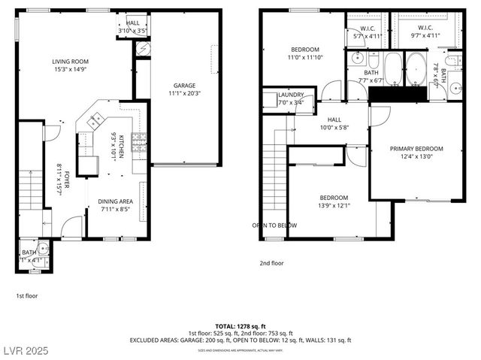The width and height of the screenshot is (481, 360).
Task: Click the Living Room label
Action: click(71, 62)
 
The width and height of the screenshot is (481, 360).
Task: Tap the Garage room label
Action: click(184, 86)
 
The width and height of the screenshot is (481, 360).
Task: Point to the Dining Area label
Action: click(115, 201)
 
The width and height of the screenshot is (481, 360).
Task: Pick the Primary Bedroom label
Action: click(416, 149)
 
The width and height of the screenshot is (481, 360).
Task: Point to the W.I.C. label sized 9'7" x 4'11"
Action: click(421, 35)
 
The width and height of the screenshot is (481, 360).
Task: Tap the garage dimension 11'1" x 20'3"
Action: click(184, 94)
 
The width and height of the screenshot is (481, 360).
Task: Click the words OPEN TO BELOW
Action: click(274, 225)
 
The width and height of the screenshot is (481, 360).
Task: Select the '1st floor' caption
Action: click(27, 296)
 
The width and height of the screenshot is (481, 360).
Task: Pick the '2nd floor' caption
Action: click(271, 264)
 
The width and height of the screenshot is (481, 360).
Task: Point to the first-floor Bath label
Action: click(29, 253)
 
